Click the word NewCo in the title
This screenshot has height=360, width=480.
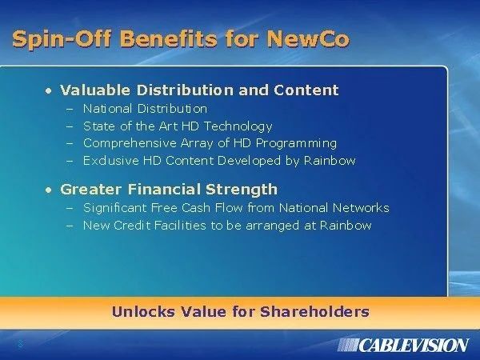tap(308, 39)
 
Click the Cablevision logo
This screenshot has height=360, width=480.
tap(403, 346)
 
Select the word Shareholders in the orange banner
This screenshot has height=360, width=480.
tap(314, 312)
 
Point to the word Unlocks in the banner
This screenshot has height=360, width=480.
tap(143, 312)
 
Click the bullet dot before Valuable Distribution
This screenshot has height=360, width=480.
tap(48, 91)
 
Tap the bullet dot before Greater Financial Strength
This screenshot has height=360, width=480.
tap(48, 190)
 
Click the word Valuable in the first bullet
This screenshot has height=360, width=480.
tap(95, 90)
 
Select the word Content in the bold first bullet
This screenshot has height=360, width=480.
tap(306, 90)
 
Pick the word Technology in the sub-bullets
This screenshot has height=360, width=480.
tap(238, 126)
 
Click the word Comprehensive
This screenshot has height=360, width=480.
tap(130, 143)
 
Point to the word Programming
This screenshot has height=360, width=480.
tap(296, 143)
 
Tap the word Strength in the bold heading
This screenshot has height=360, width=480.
tap(242, 189)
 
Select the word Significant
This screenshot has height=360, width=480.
tap(114, 208)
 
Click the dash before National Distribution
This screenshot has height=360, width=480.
tap(70, 110)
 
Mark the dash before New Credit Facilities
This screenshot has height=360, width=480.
tap(70, 226)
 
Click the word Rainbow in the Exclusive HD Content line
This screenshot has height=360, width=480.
tap(330, 161)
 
